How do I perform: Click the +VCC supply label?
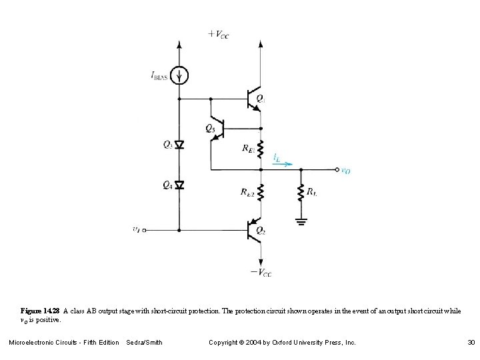point(218,35)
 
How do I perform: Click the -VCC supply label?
point(260,272)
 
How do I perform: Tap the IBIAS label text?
point(160,75)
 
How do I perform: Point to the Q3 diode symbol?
point(179,145)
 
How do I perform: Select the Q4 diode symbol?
point(179,185)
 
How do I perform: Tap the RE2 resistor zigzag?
point(261,193)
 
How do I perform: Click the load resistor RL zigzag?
point(301,193)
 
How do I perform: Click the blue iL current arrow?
point(283,162)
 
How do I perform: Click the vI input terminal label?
point(136,230)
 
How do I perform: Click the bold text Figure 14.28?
point(40,311)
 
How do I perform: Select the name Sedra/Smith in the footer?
point(144,343)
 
